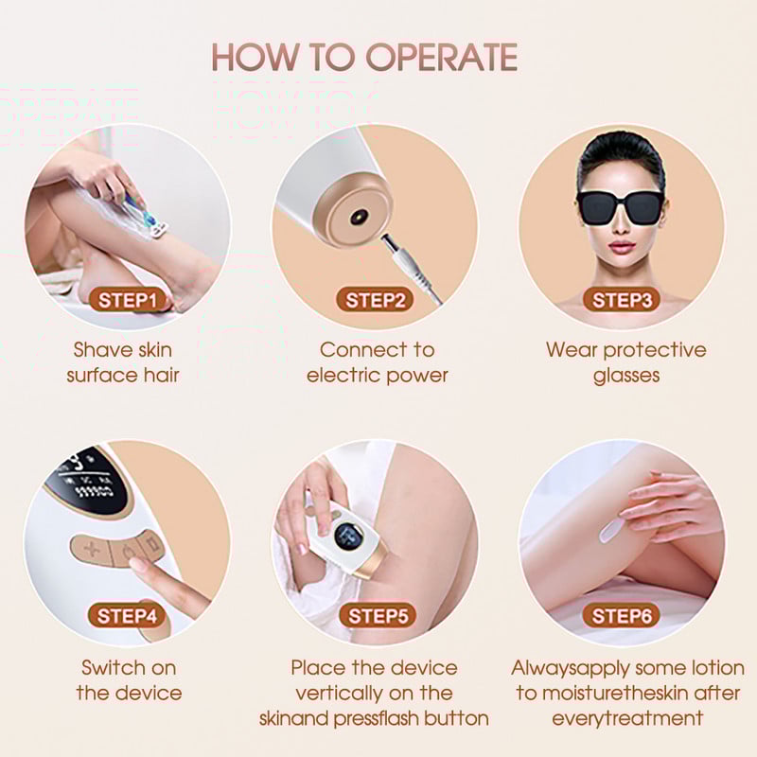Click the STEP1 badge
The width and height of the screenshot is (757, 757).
point(128,300)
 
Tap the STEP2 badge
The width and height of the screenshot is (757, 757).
point(375,300)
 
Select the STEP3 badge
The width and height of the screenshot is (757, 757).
point(622,300)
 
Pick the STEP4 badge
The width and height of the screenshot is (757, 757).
point(127,616)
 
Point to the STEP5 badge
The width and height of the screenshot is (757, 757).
point(378,616)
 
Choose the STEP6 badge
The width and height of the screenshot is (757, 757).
point(622,616)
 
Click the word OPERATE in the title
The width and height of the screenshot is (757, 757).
point(442,57)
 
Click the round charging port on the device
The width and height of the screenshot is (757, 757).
point(359,217)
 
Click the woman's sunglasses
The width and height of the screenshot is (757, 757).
point(620,207)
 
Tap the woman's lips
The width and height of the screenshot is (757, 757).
point(622,248)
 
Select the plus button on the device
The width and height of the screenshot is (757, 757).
point(91,550)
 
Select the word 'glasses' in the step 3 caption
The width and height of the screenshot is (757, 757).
point(626,376)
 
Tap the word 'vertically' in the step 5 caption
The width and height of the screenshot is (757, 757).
point(339,694)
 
